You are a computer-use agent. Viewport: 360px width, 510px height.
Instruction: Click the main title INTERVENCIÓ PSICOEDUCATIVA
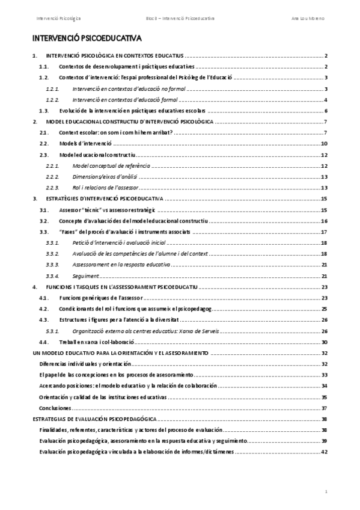point(87,39)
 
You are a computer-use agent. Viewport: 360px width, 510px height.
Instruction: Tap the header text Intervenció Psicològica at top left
point(58,20)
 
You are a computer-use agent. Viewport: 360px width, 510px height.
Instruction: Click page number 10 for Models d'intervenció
point(324,144)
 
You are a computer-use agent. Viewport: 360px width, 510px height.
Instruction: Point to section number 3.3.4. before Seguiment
point(53,275)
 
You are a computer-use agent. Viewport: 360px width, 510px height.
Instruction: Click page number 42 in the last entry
point(324,452)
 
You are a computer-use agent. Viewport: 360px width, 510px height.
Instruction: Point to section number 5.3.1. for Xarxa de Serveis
point(53,330)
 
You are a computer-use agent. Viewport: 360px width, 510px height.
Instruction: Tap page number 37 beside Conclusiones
point(324,408)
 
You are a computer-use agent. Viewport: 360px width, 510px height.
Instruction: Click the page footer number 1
point(325,491)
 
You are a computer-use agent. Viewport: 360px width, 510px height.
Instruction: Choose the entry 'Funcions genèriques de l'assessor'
point(97,297)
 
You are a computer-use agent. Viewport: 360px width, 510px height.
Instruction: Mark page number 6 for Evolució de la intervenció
point(325,111)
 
